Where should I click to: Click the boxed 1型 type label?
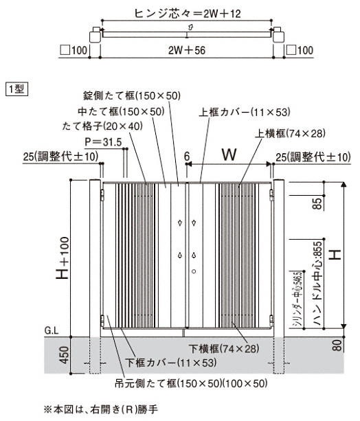point(16,89)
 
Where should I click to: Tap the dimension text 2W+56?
point(187,50)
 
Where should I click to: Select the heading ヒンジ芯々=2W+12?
point(188,13)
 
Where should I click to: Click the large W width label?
point(229,155)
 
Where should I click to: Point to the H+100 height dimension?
point(63,258)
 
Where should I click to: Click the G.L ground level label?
point(52,330)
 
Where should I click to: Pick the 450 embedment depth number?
point(64,355)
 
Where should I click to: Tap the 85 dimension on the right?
point(317,203)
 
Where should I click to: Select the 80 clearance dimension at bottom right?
point(337,345)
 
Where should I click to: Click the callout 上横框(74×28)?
point(290,133)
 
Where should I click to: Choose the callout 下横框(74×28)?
point(224,348)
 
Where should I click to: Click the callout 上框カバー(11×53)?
point(245,112)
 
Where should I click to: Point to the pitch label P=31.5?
point(104,142)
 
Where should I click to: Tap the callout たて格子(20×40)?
point(102,126)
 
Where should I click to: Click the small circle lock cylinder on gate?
point(194,271)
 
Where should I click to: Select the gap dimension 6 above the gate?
point(187,157)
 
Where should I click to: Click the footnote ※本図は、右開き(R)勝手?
point(100,409)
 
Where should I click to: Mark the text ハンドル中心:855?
point(317,284)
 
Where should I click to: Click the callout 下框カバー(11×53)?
point(171,363)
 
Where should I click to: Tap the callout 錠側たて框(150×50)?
point(132,95)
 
